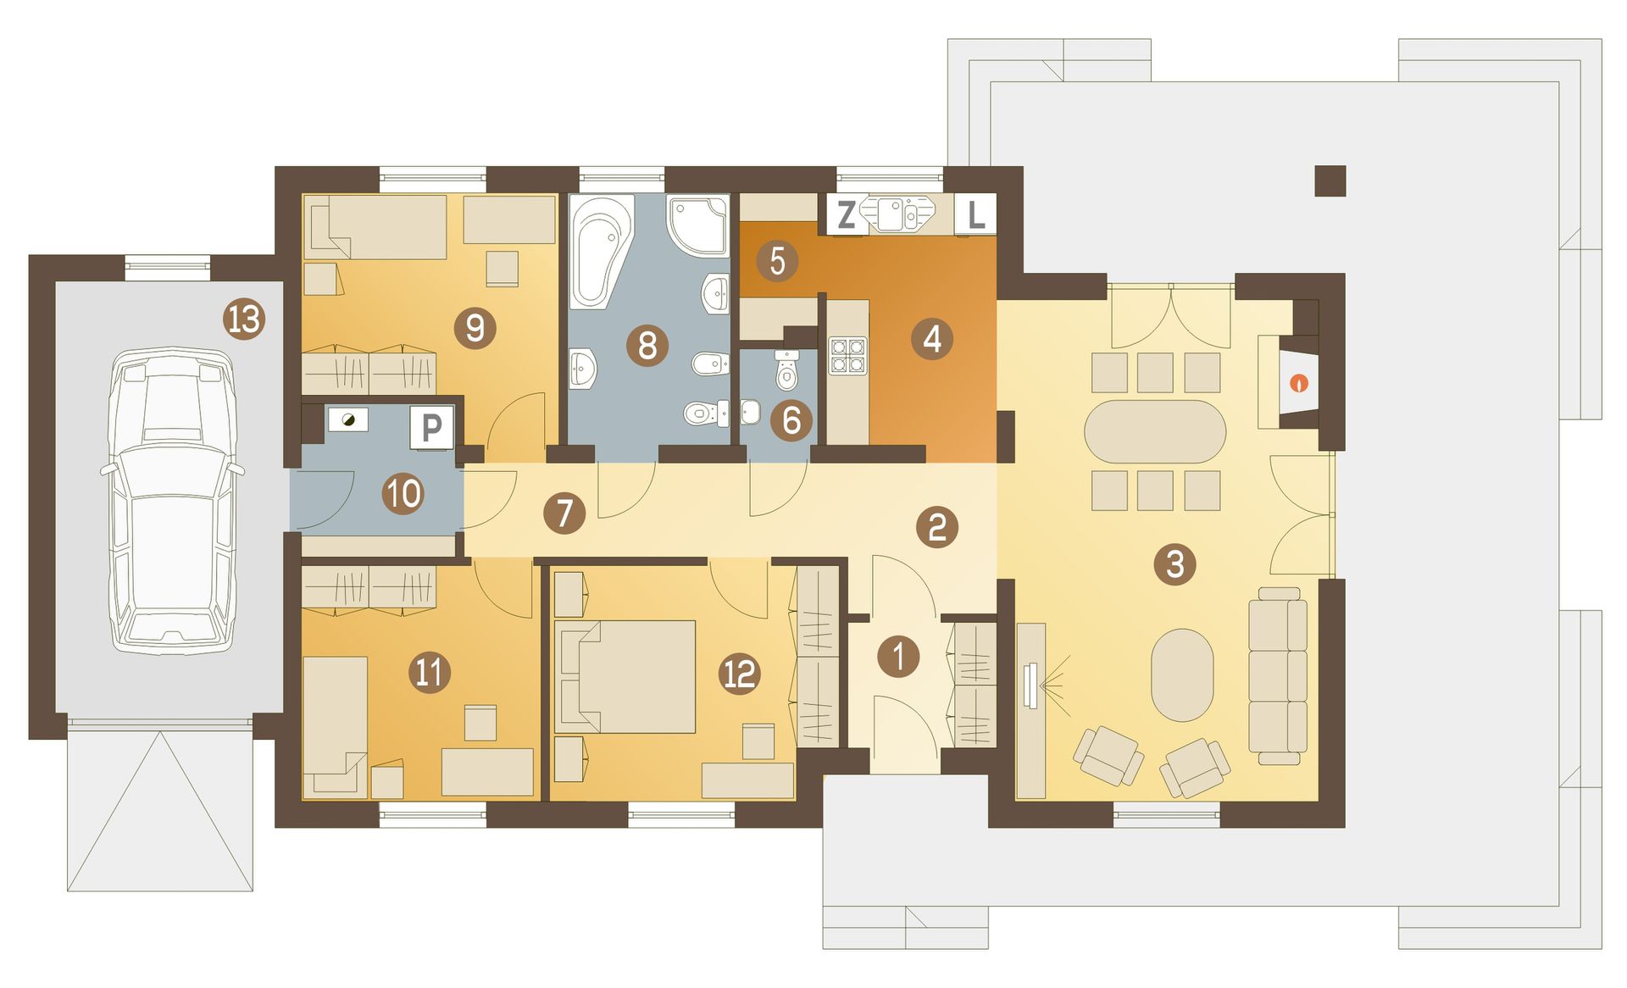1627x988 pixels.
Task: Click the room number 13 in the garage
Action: (x=244, y=319)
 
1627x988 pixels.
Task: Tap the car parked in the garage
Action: (x=172, y=500)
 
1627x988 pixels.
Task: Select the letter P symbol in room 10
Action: (x=431, y=428)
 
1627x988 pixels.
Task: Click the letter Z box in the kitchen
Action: (x=846, y=215)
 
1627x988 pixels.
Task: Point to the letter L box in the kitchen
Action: (x=975, y=215)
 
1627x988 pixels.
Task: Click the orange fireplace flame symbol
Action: (x=1298, y=383)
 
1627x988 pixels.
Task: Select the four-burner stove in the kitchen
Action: (x=847, y=356)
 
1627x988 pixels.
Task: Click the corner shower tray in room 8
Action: (x=698, y=225)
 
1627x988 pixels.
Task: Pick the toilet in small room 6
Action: (x=787, y=370)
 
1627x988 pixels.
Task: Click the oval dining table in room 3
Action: (x=1155, y=431)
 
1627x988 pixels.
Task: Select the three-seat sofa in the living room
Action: (x=1278, y=675)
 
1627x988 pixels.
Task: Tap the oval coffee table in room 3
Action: (x=1182, y=674)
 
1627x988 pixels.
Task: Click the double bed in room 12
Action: (x=625, y=676)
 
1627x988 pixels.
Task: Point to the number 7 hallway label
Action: (x=564, y=513)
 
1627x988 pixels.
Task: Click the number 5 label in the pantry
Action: (x=777, y=261)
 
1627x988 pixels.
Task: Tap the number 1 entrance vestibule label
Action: (x=898, y=656)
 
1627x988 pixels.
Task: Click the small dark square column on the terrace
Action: (x=1330, y=180)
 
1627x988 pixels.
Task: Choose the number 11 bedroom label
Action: (x=429, y=672)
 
